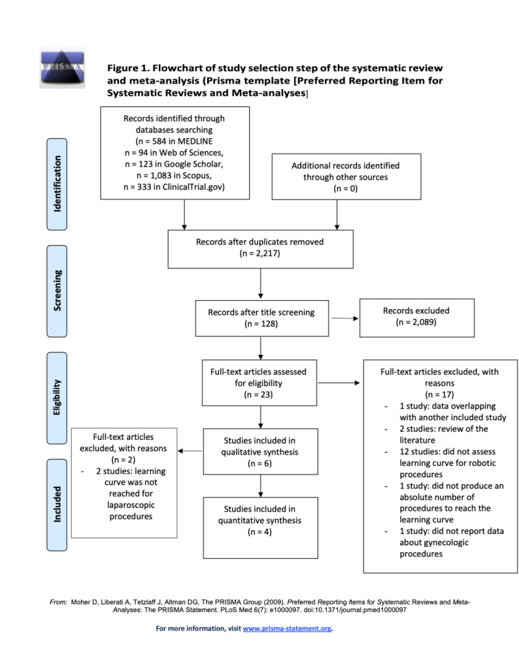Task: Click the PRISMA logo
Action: point(62,68)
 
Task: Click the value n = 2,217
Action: point(260,254)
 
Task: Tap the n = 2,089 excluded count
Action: point(416,323)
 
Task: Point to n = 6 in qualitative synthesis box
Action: point(260,465)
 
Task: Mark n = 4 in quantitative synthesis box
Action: point(260,533)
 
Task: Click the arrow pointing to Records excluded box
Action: point(344,318)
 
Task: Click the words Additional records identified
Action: point(345,165)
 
